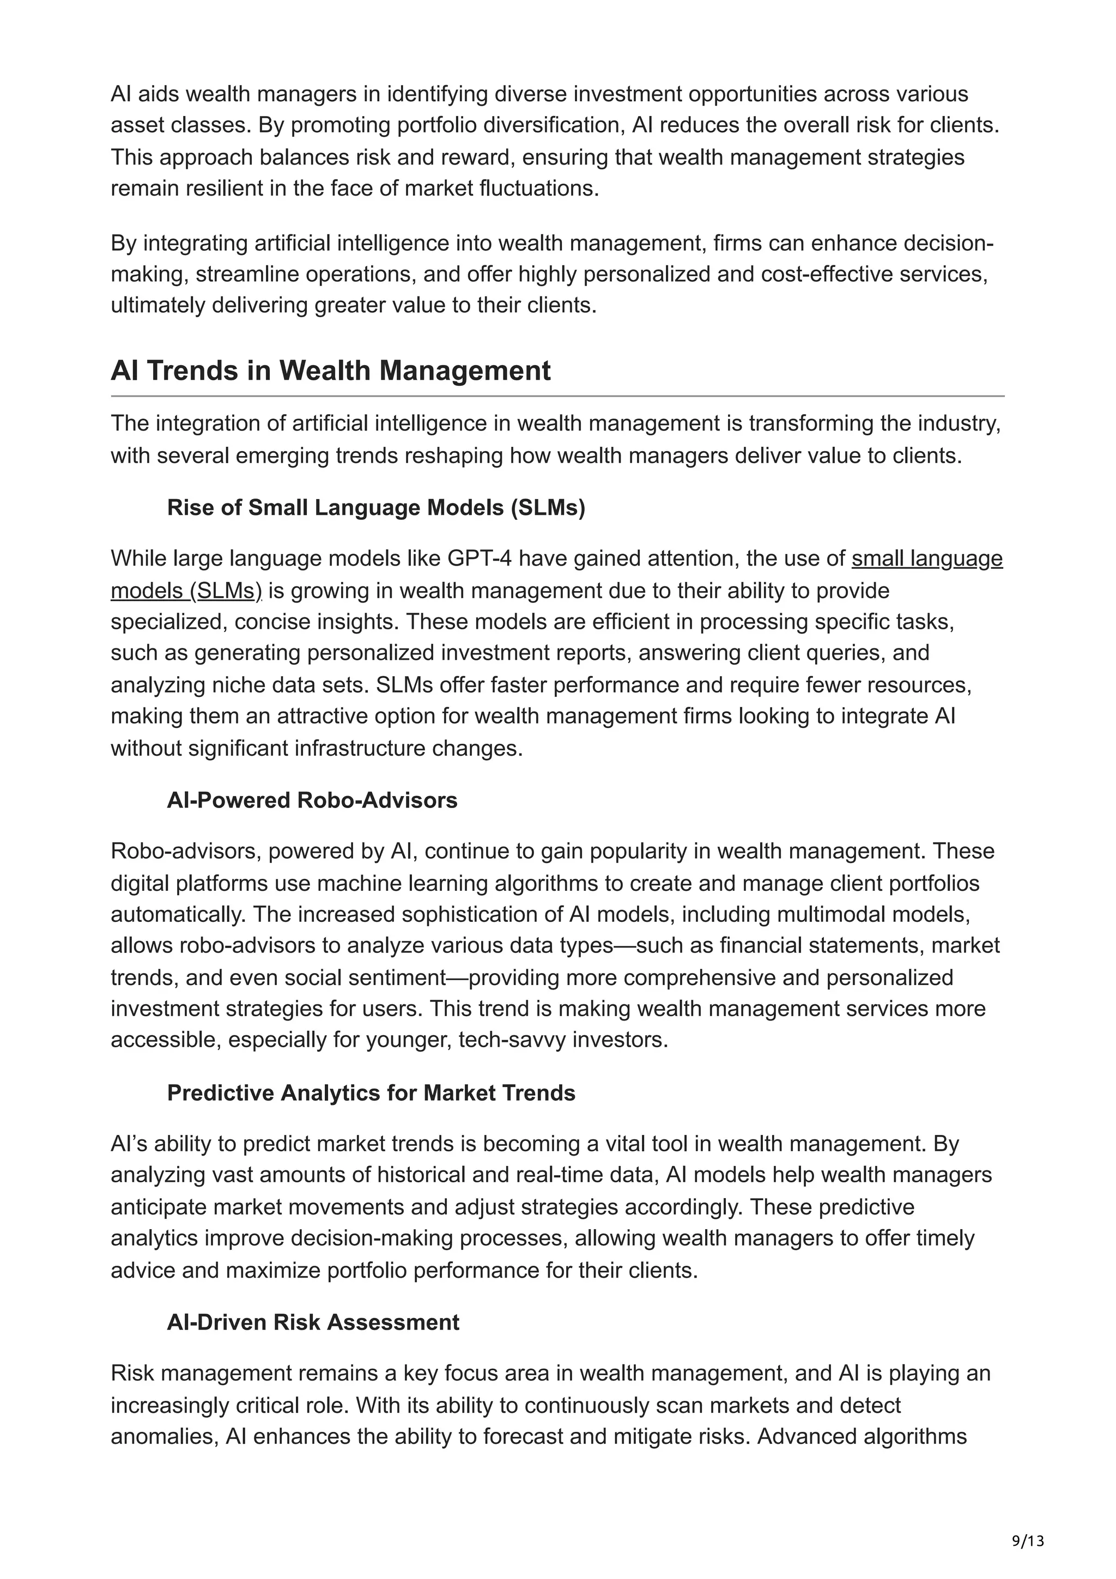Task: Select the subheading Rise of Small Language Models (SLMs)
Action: coord(375,508)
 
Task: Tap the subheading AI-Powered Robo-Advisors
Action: coord(312,800)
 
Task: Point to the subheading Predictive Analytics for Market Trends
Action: coord(371,1093)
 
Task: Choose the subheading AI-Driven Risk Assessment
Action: coord(313,1322)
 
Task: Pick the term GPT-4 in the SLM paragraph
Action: coord(478,558)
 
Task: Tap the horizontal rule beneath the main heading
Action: coord(557,396)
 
